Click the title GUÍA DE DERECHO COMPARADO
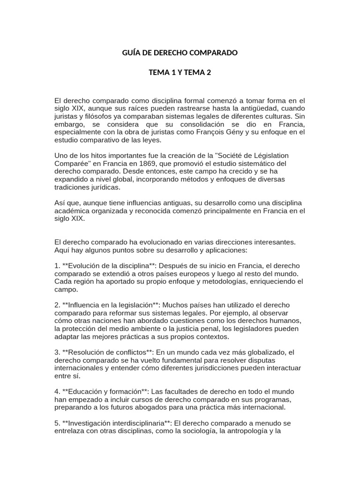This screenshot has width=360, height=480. tap(180, 53)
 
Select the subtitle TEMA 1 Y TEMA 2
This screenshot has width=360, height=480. tap(180, 73)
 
